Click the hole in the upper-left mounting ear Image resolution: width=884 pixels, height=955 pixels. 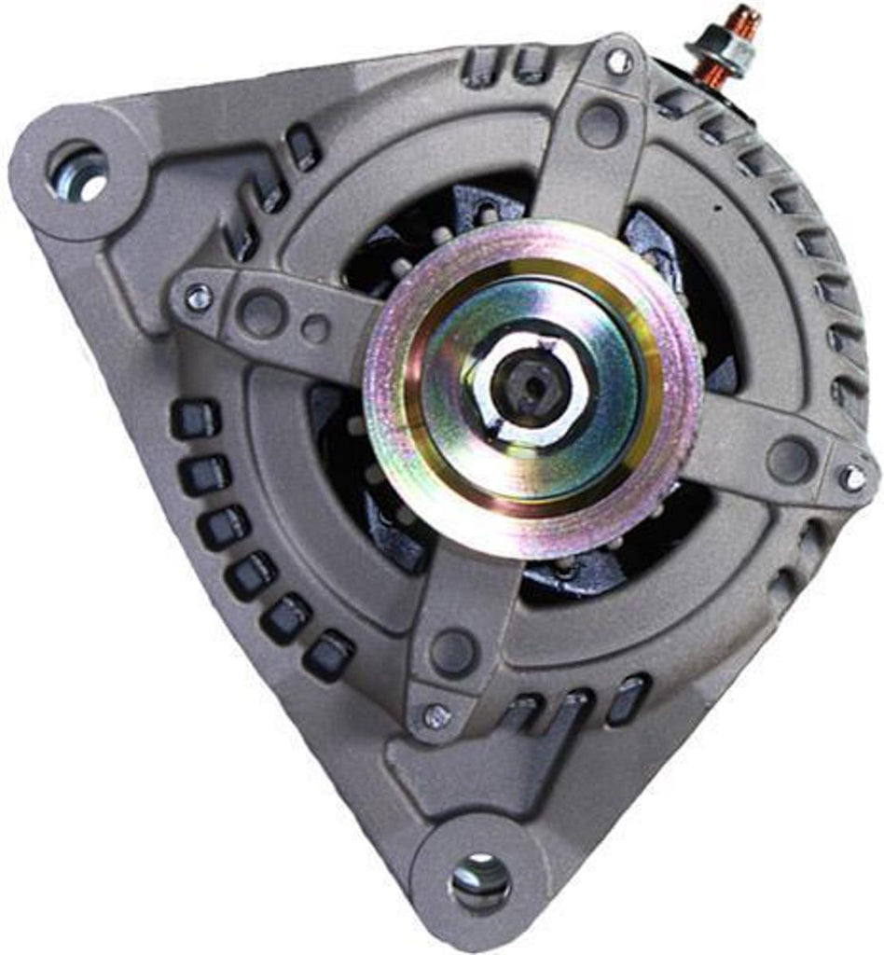tap(78, 172)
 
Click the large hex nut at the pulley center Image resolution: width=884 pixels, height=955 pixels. tap(532, 387)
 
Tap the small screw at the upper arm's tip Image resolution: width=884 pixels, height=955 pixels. tap(617, 62)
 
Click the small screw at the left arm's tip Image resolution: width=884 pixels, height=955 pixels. tap(198, 298)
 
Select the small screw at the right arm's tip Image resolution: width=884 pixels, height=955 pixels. tap(851, 477)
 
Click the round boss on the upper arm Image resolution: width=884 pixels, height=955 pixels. tap(599, 123)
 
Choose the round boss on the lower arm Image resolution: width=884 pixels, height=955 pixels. tap(454, 650)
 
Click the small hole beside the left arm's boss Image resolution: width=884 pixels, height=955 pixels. tap(315, 327)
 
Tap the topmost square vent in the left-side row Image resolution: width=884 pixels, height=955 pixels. tap(195, 419)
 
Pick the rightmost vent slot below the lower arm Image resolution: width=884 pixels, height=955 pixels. tap(627, 699)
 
